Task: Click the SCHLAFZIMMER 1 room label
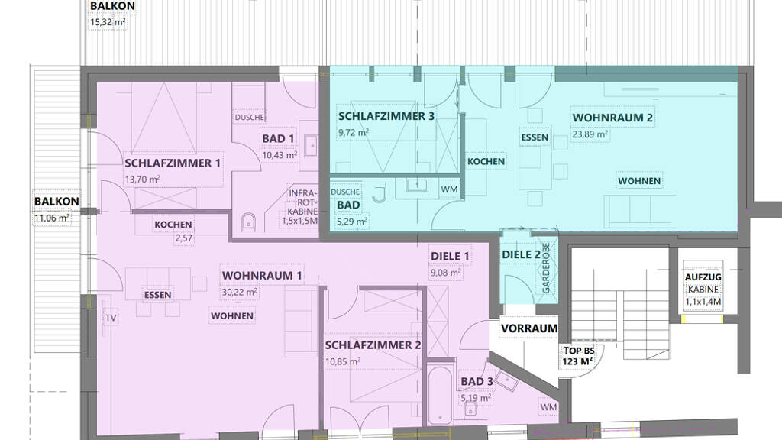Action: pos(173,163)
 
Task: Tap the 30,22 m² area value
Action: pos(239,291)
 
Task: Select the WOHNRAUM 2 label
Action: pos(612,118)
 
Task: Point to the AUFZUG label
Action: pos(703,277)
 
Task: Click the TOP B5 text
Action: pos(579,351)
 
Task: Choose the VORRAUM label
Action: pos(529,328)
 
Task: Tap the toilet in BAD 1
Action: pos(248,222)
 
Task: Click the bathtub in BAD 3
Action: pos(440,395)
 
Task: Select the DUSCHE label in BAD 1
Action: pos(250,117)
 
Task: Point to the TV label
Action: pos(111,318)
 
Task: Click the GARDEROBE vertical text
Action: pos(546,268)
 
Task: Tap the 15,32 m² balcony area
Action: pos(108,22)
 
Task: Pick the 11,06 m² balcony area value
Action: pos(52,218)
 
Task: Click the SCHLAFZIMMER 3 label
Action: pos(386,116)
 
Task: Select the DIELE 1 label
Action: pos(450,257)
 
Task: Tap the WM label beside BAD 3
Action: pos(548,407)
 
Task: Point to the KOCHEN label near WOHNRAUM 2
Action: pos(486,162)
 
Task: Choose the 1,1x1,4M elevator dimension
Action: pos(703,301)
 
